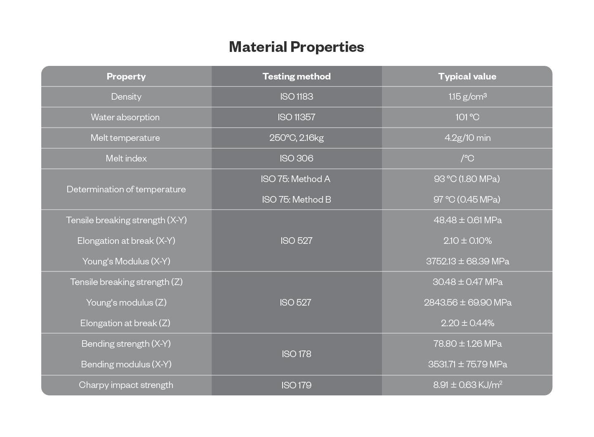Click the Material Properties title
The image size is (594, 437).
pyautogui.click(x=297, y=47)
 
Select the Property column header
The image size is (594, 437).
pyautogui.click(x=126, y=77)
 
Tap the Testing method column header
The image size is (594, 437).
pyautogui.click(x=297, y=77)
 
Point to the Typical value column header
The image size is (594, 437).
pyautogui.click(x=467, y=77)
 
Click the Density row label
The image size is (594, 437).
pyautogui.click(x=126, y=97)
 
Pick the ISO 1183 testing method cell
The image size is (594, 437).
pyautogui.click(x=297, y=97)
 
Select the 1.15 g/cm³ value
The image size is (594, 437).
pyautogui.click(x=467, y=97)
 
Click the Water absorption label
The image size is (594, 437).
pyautogui.click(x=125, y=117)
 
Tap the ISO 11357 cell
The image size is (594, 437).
pyautogui.click(x=297, y=117)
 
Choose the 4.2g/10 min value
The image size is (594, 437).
pyautogui.click(x=467, y=138)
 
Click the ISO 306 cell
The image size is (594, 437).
pyautogui.click(x=297, y=159)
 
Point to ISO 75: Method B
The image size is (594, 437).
pyautogui.click(x=297, y=200)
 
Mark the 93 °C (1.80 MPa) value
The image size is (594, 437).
pyautogui.click(x=467, y=179)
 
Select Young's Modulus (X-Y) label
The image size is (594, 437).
pyautogui.click(x=126, y=262)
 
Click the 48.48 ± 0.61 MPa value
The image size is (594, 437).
pyautogui.click(x=467, y=220)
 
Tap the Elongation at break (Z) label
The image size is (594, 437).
pyautogui.click(x=125, y=323)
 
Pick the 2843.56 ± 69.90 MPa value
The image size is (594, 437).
pyautogui.click(x=467, y=303)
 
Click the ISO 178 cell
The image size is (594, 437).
pyautogui.click(x=297, y=354)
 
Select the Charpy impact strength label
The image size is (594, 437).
pyautogui.click(x=126, y=385)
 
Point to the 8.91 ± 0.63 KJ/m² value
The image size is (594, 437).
pyautogui.click(x=467, y=385)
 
